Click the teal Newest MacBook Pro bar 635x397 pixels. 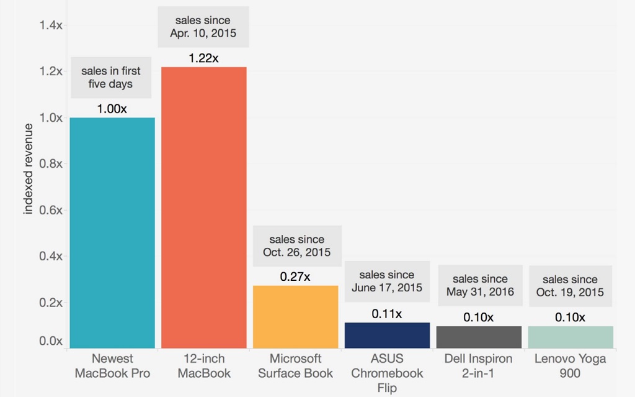tap(112, 233)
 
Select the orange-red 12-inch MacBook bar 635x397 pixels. tap(204, 208)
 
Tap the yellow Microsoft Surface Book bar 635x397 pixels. tap(295, 317)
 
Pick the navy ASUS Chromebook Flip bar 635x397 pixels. tap(387, 335)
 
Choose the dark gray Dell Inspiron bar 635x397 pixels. tap(479, 337)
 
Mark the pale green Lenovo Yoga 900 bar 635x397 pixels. tap(571, 337)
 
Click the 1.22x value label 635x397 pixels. tap(204, 58)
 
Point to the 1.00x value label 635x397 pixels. tap(112, 109)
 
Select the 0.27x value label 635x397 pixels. tap(295, 277)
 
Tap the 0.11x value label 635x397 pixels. tap(387, 314)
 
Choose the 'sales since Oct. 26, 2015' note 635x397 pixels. tap(297, 246)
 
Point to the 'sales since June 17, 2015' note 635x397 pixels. tap(387, 281)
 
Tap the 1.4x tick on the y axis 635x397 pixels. tap(50, 25)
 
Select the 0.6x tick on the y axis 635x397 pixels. tap(50, 210)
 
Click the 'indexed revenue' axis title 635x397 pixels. tap(29, 168)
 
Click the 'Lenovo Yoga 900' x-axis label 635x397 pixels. tap(571, 366)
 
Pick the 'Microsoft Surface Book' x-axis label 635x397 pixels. tap(295, 366)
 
